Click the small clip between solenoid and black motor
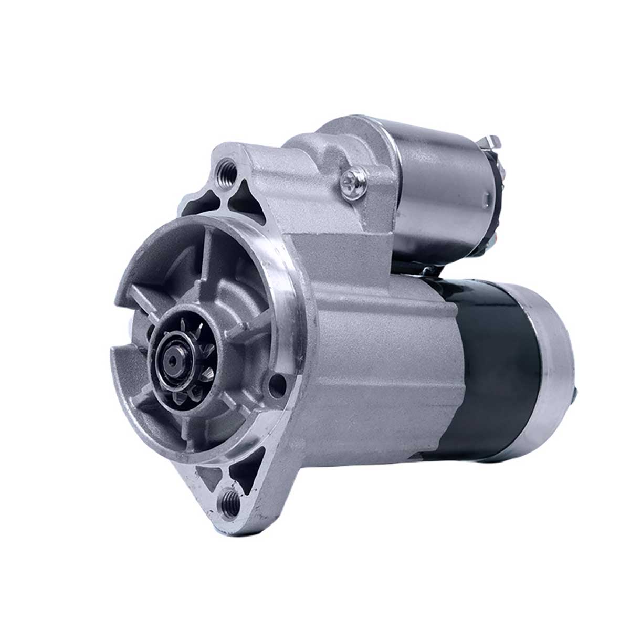coord(428,271)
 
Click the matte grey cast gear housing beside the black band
coord(378,367)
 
